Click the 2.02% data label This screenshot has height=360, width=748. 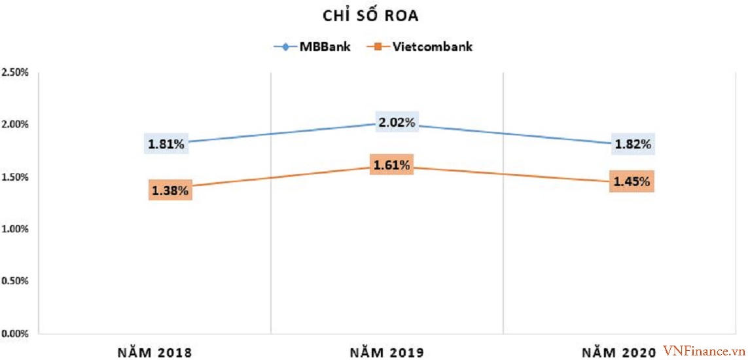pos(396,122)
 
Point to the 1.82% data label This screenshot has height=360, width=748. pos(633,144)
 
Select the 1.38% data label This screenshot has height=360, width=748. pos(170,190)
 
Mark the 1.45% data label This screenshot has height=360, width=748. pos(632,181)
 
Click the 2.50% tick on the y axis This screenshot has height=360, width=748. pos(14,72)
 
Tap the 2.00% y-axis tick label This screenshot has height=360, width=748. pos(14,124)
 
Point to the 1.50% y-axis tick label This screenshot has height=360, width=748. pos(14,177)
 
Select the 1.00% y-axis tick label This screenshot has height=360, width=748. pos(14,229)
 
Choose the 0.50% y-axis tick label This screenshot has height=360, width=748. pos(14,281)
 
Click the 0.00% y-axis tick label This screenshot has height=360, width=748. pos(14,334)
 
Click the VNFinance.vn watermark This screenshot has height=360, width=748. pos(703,351)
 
